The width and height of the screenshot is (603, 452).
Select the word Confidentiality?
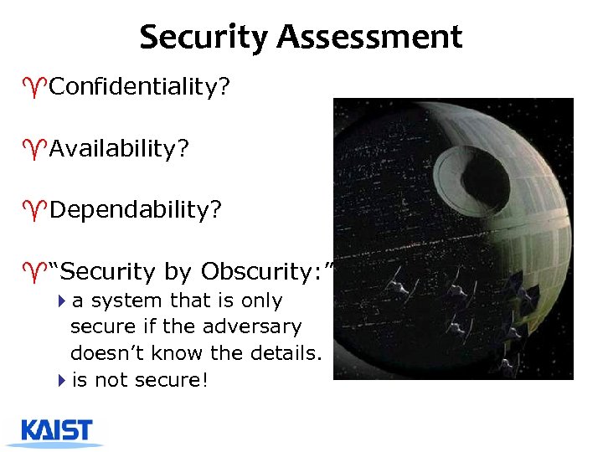[x=139, y=88]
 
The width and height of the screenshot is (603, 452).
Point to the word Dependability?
[x=136, y=209]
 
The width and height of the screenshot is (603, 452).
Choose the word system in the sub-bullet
[x=127, y=300]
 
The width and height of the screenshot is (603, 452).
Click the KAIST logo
[x=58, y=431]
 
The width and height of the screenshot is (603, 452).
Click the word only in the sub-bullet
[x=262, y=300]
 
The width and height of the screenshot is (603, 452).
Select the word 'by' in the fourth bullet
[x=178, y=273]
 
